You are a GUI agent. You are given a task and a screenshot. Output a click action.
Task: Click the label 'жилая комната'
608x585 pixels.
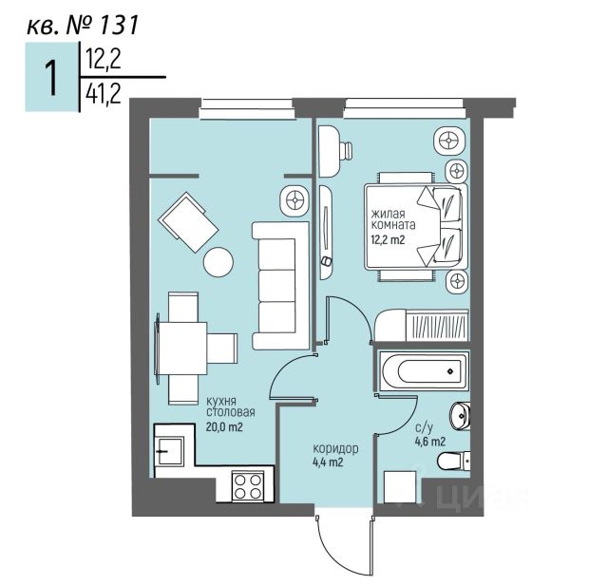click(391, 219)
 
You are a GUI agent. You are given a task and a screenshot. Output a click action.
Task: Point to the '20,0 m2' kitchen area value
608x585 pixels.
click(225, 426)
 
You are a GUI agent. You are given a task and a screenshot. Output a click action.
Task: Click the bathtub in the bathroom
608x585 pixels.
click(420, 370)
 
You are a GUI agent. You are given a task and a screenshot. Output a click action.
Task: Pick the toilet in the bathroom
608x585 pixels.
click(453, 462)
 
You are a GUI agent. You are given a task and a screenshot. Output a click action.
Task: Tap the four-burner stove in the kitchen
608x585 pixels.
click(247, 486)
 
